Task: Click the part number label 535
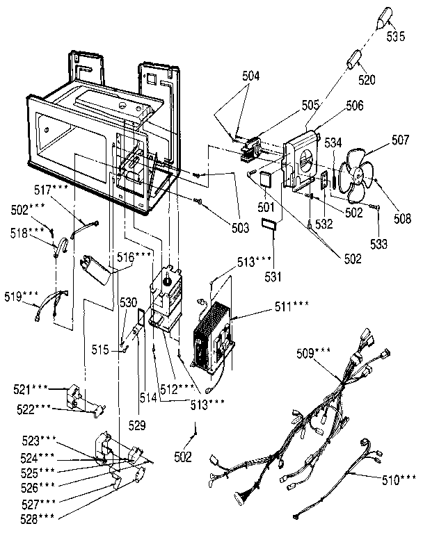pyautogui.click(x=395, y=38)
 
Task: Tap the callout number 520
pyautogui.click(x=367, y=81)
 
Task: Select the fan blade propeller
pyautogui.click(x=359, y=174)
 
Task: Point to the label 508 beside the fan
pyautogui.click(x=401, y=220)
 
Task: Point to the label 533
pyautogui.click(x=378, y=244)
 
